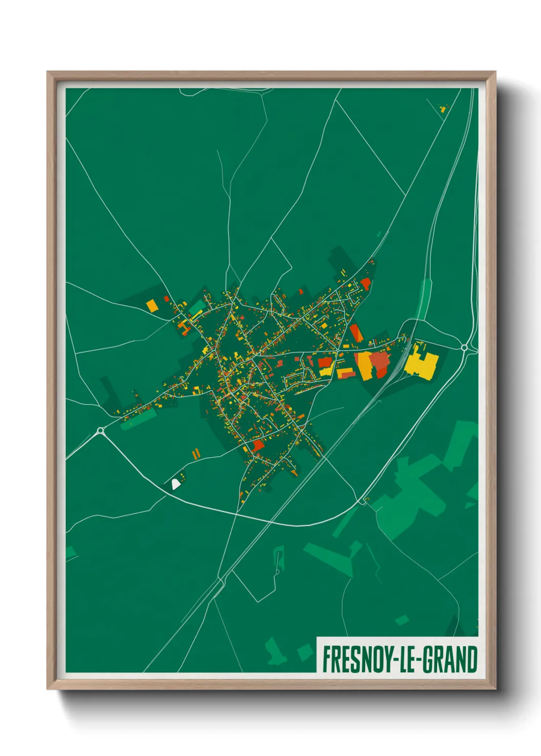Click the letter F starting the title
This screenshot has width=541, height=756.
click(326, 659)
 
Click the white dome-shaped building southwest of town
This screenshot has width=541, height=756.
click(175, 483)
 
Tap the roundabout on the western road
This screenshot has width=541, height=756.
click(100, 431)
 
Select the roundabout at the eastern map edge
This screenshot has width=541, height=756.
click(464, 347)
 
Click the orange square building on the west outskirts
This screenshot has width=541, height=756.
click(152, 305)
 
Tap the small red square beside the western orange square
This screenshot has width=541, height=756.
click(166, 299)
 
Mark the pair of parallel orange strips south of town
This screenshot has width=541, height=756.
click(195, 453)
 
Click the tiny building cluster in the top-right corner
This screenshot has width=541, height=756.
click(443, 108)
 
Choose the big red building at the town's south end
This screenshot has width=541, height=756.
click(258, 445)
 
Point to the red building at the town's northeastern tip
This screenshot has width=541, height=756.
click(365, 283)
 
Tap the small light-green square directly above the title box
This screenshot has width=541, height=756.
click(402, 620)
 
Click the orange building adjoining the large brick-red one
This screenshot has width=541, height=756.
click(364, 365)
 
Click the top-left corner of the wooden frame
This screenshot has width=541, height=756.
click(48, 73)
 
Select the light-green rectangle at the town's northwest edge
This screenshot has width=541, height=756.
click(197, 307)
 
